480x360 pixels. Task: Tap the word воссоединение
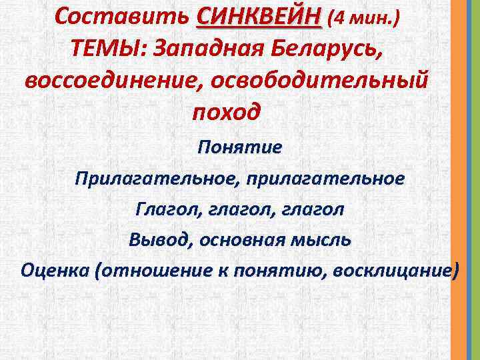[113, 81]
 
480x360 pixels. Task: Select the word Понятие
[240, 147]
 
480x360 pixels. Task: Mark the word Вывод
[159, 240]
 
